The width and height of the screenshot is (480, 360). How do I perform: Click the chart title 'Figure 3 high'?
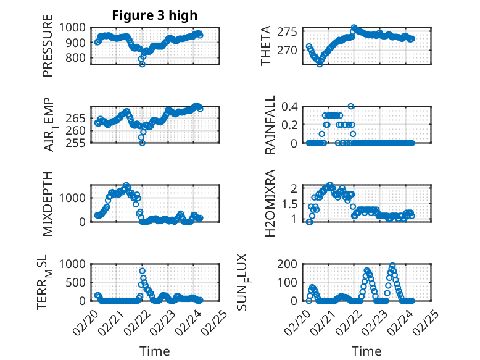155,15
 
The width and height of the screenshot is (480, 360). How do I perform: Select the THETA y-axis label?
266,46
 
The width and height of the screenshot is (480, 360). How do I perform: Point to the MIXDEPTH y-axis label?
48,204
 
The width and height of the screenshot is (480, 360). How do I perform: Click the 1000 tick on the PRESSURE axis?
76,27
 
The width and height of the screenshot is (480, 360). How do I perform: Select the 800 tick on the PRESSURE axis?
79,58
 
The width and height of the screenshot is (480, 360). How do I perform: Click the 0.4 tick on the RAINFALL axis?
291,106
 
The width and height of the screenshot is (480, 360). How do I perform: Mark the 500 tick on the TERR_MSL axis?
79,282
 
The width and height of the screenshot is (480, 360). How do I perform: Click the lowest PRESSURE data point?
143,64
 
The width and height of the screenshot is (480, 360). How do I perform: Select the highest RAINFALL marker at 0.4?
351,106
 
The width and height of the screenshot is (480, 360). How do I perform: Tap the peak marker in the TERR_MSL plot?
143,271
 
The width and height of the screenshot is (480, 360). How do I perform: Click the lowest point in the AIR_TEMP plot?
143,143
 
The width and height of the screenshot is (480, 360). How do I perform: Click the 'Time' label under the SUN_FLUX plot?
366,351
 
